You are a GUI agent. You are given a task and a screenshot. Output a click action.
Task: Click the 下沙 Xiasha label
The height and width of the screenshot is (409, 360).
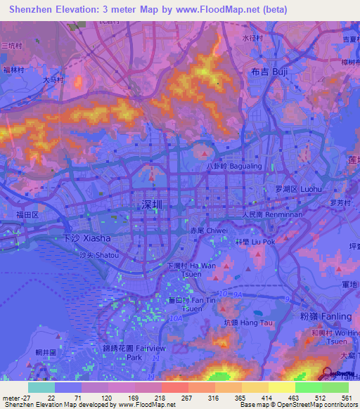(84, 239)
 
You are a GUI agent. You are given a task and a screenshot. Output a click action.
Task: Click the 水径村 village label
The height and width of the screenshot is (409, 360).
(252, 37)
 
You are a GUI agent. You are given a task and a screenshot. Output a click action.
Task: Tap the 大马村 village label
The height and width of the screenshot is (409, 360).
(53, 80)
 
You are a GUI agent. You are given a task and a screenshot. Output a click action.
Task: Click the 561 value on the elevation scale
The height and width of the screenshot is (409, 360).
(346, 397)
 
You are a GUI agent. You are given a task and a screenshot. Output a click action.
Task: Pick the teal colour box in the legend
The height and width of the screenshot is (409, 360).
(41, 387)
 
